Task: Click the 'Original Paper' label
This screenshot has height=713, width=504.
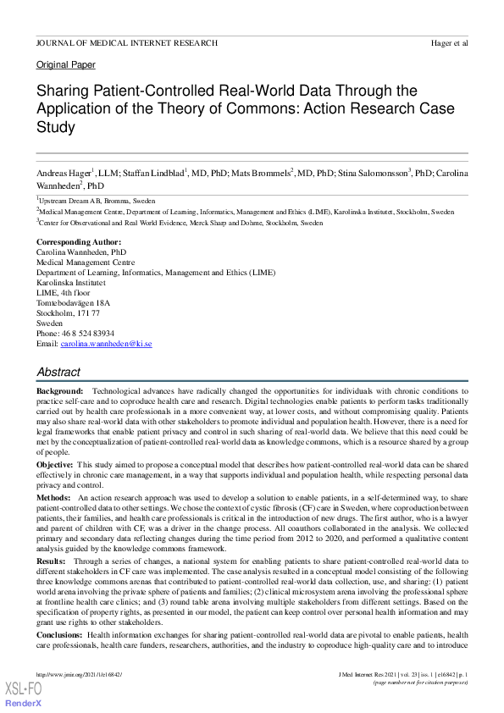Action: pos(66,64)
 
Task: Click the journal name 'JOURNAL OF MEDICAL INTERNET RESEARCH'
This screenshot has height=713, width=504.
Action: pos(127,42)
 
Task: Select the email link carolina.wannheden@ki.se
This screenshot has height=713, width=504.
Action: pos(106,344)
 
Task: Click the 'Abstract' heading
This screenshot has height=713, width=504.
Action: pos(58,372)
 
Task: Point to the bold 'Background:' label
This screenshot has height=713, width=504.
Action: pos(59,391)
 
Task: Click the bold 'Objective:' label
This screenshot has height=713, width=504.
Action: pos(56,466)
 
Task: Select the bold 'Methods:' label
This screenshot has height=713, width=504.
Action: pos(54,498)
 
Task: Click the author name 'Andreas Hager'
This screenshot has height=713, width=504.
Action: pos(64,174)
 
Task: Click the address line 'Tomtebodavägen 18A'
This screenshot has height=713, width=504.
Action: pos(73,303)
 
